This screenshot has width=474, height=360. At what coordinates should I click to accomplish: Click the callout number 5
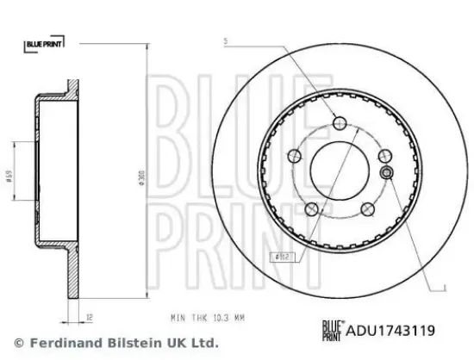(x=225, y=41)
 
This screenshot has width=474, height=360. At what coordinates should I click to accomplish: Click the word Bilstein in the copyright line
(x=115, y=344)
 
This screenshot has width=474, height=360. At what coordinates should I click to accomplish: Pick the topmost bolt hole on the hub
(x=337, y=121)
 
